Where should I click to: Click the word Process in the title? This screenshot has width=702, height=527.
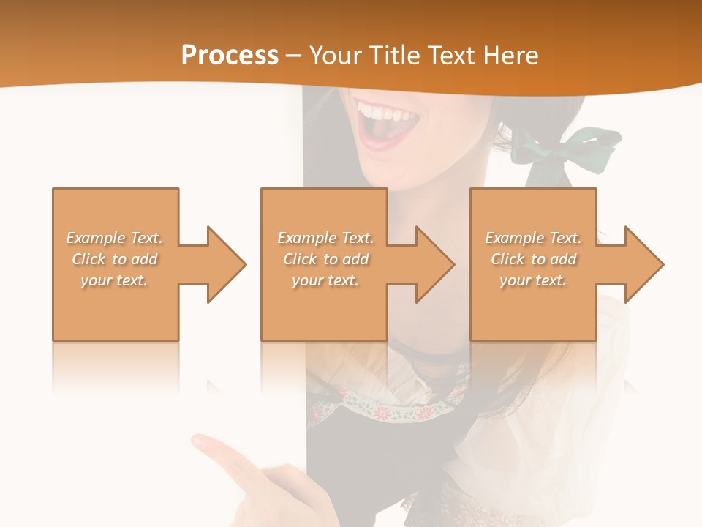click(x=230, y=56)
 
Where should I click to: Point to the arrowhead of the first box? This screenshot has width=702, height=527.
click(x=227, y=264)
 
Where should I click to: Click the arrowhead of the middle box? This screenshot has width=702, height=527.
click(x=435, y=264)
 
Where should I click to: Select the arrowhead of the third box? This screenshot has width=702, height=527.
click(x=644, y=264)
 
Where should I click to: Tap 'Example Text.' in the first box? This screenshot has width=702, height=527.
click(x=115, y=238)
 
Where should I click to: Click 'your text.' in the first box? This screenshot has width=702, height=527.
click(x=115, y=280)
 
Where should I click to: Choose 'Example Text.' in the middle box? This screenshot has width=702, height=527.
click(x=325, y=238)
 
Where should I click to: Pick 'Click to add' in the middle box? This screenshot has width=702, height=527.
click(x=325, y=259)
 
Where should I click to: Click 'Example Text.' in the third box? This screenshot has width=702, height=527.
click(x=533, y=238)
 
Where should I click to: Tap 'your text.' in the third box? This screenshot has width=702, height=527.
click(x=533, y=280)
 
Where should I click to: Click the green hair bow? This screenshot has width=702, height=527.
click(x=567, y=150)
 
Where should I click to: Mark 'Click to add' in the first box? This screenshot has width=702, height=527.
click(x=115, y=259)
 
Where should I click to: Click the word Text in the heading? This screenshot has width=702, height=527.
click(x=451, y=56)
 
